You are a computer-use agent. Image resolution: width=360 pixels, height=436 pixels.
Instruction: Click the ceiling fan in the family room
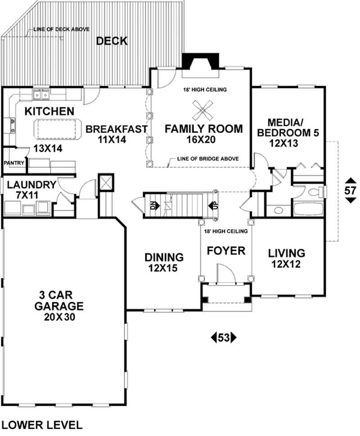pos(203,109)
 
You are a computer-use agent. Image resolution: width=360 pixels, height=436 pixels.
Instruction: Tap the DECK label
pos(112,41)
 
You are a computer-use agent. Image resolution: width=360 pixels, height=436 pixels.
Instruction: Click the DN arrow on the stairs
pos(153,206)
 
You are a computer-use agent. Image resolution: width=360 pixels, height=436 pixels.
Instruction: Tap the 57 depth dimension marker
pos(350,191)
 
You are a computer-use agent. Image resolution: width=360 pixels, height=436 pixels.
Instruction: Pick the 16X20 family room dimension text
pos(203,140)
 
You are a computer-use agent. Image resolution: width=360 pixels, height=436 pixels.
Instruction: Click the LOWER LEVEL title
pos(42,424)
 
